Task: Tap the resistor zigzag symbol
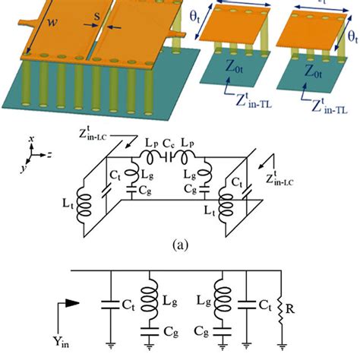(x=282, y=308)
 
